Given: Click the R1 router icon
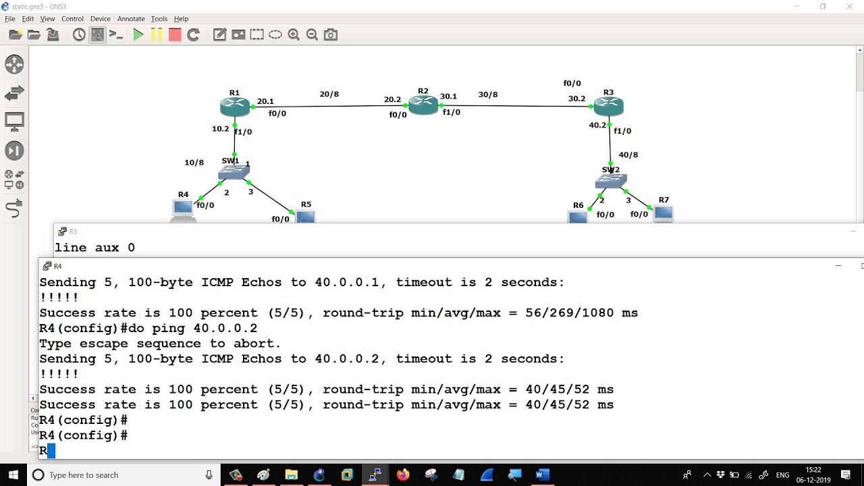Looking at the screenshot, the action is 234,107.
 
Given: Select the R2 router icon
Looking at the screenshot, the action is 423,105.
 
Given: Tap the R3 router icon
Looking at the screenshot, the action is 608,107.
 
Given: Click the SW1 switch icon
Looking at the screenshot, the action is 234,172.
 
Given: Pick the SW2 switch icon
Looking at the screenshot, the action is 611,181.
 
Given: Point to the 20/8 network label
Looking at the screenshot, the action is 329,94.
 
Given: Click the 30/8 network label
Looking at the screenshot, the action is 488,94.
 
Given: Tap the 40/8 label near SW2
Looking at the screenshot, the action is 628,155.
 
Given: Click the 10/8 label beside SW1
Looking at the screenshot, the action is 194,163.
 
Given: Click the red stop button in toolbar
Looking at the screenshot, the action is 175,35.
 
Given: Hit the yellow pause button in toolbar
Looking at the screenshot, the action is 157,35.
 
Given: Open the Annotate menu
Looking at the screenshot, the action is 131,18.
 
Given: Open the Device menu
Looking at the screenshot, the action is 101,18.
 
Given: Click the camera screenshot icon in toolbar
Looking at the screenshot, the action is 331,35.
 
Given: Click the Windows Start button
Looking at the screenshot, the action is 13,475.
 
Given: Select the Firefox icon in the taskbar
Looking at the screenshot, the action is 403,475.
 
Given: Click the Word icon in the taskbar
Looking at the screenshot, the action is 542,475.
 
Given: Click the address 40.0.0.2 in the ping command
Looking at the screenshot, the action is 225,328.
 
